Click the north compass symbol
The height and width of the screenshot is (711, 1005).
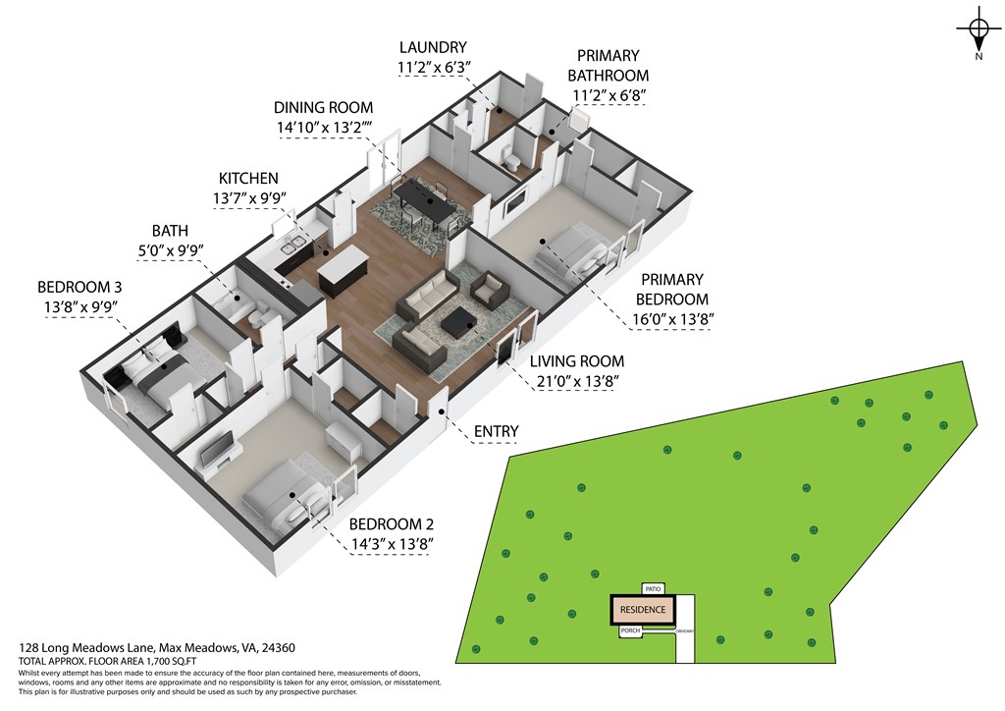coord(978,32)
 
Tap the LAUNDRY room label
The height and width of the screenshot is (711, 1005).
coord(433,47)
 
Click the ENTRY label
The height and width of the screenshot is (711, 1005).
coord(496,431)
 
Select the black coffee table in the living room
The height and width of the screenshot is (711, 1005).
coord(459,321)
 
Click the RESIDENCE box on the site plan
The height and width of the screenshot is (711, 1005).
coord(643,610)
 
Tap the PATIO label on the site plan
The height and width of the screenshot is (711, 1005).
coord(654,588)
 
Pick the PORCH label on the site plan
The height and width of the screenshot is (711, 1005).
coord(630,632)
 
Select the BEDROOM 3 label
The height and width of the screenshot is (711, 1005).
coord(80,287)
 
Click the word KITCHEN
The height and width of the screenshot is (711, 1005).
coord(248,179)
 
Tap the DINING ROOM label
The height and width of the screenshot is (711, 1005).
coord(324,108)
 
